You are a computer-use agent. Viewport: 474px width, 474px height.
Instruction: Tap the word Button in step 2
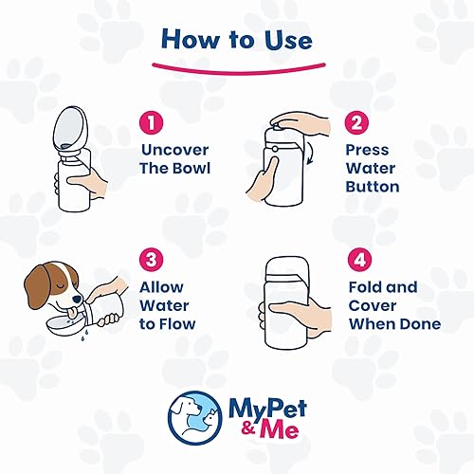373,187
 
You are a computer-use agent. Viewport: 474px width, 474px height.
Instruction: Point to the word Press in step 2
367,150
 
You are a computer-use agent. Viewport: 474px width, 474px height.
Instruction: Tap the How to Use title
236,39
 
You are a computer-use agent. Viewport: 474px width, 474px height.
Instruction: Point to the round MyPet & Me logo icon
192,414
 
